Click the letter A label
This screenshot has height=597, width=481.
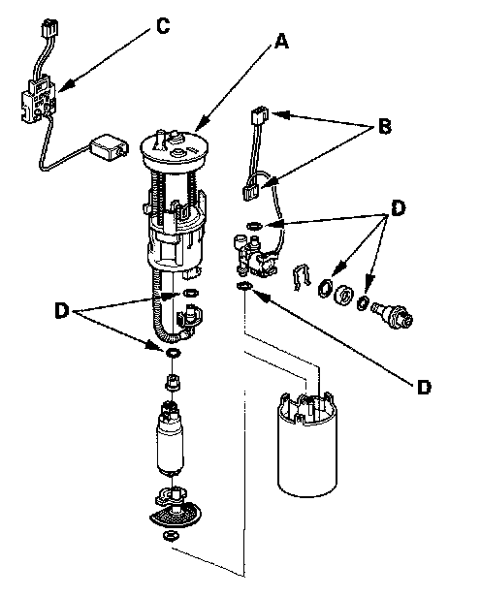point(281,41)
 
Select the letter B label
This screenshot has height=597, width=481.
point(385,126)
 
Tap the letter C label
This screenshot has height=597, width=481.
point(163,26)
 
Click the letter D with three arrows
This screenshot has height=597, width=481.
point(398,208)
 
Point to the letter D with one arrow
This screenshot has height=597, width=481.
point(424,387)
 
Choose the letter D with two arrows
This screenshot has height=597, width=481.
point(61,310)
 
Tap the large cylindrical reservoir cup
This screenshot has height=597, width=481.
point(307,446)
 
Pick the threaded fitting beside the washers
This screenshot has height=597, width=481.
point(392,314)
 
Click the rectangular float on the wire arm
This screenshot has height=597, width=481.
point(109,146)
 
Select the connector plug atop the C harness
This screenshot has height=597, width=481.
point(50,26)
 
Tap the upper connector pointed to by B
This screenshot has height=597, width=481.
point(259,115)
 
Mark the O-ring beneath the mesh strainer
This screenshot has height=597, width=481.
point(171,535)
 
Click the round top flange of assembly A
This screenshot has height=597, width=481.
point(175,150)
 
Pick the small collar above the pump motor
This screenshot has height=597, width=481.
point(173,381)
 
